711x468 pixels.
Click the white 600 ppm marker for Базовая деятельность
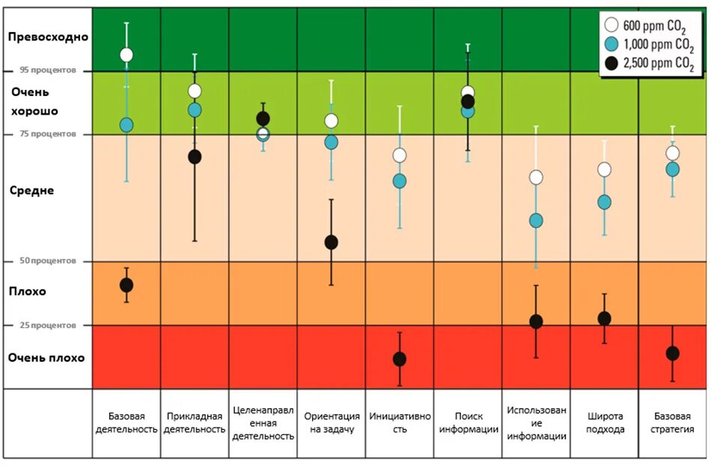(x=126, y=55)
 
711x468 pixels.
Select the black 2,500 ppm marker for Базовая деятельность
(x=126, y=285)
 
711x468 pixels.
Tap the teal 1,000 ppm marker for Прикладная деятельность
(x=195, y=110)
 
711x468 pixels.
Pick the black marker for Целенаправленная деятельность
(x=263, y=118)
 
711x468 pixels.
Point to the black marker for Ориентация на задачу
(x=331, y=243)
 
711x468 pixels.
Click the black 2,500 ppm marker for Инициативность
(x=400, y=359)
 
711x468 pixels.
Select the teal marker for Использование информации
(x=536, y=221)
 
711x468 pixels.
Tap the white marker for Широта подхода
(x=604, y=169)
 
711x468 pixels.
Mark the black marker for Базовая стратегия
(x=673, y=353)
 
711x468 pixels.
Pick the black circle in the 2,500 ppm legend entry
(x=611, y=64)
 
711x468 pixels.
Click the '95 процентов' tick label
(x=46, y=70)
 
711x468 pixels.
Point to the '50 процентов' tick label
(x=46, y=261)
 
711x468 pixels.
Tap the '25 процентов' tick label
(x=46, y=325)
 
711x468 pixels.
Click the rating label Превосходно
(x=48, y=37)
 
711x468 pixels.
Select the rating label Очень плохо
(x=46, y=358)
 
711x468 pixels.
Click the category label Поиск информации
(x=469, y=422)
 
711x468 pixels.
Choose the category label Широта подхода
(x=604, y=422)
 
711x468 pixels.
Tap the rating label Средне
(x=31, y=190)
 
